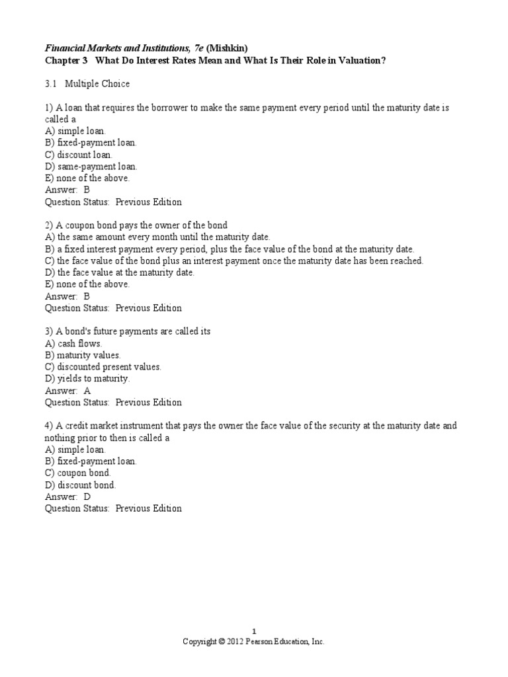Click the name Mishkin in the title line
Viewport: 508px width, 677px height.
pos(229,48)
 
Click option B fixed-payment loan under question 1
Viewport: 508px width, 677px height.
pos(91,143)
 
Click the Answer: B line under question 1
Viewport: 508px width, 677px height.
pos(67,190)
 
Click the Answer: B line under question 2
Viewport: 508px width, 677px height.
pos(67,296)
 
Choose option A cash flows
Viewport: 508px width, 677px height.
pos(73,344)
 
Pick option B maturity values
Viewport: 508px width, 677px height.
pos(83,355)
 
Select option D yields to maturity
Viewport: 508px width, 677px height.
pos(87,379)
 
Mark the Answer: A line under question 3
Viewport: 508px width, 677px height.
pos(67,391)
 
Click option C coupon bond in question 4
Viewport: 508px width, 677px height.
pos(78,473)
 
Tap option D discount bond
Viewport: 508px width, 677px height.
pos(80,485)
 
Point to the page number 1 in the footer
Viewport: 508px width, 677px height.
pos(253,632)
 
